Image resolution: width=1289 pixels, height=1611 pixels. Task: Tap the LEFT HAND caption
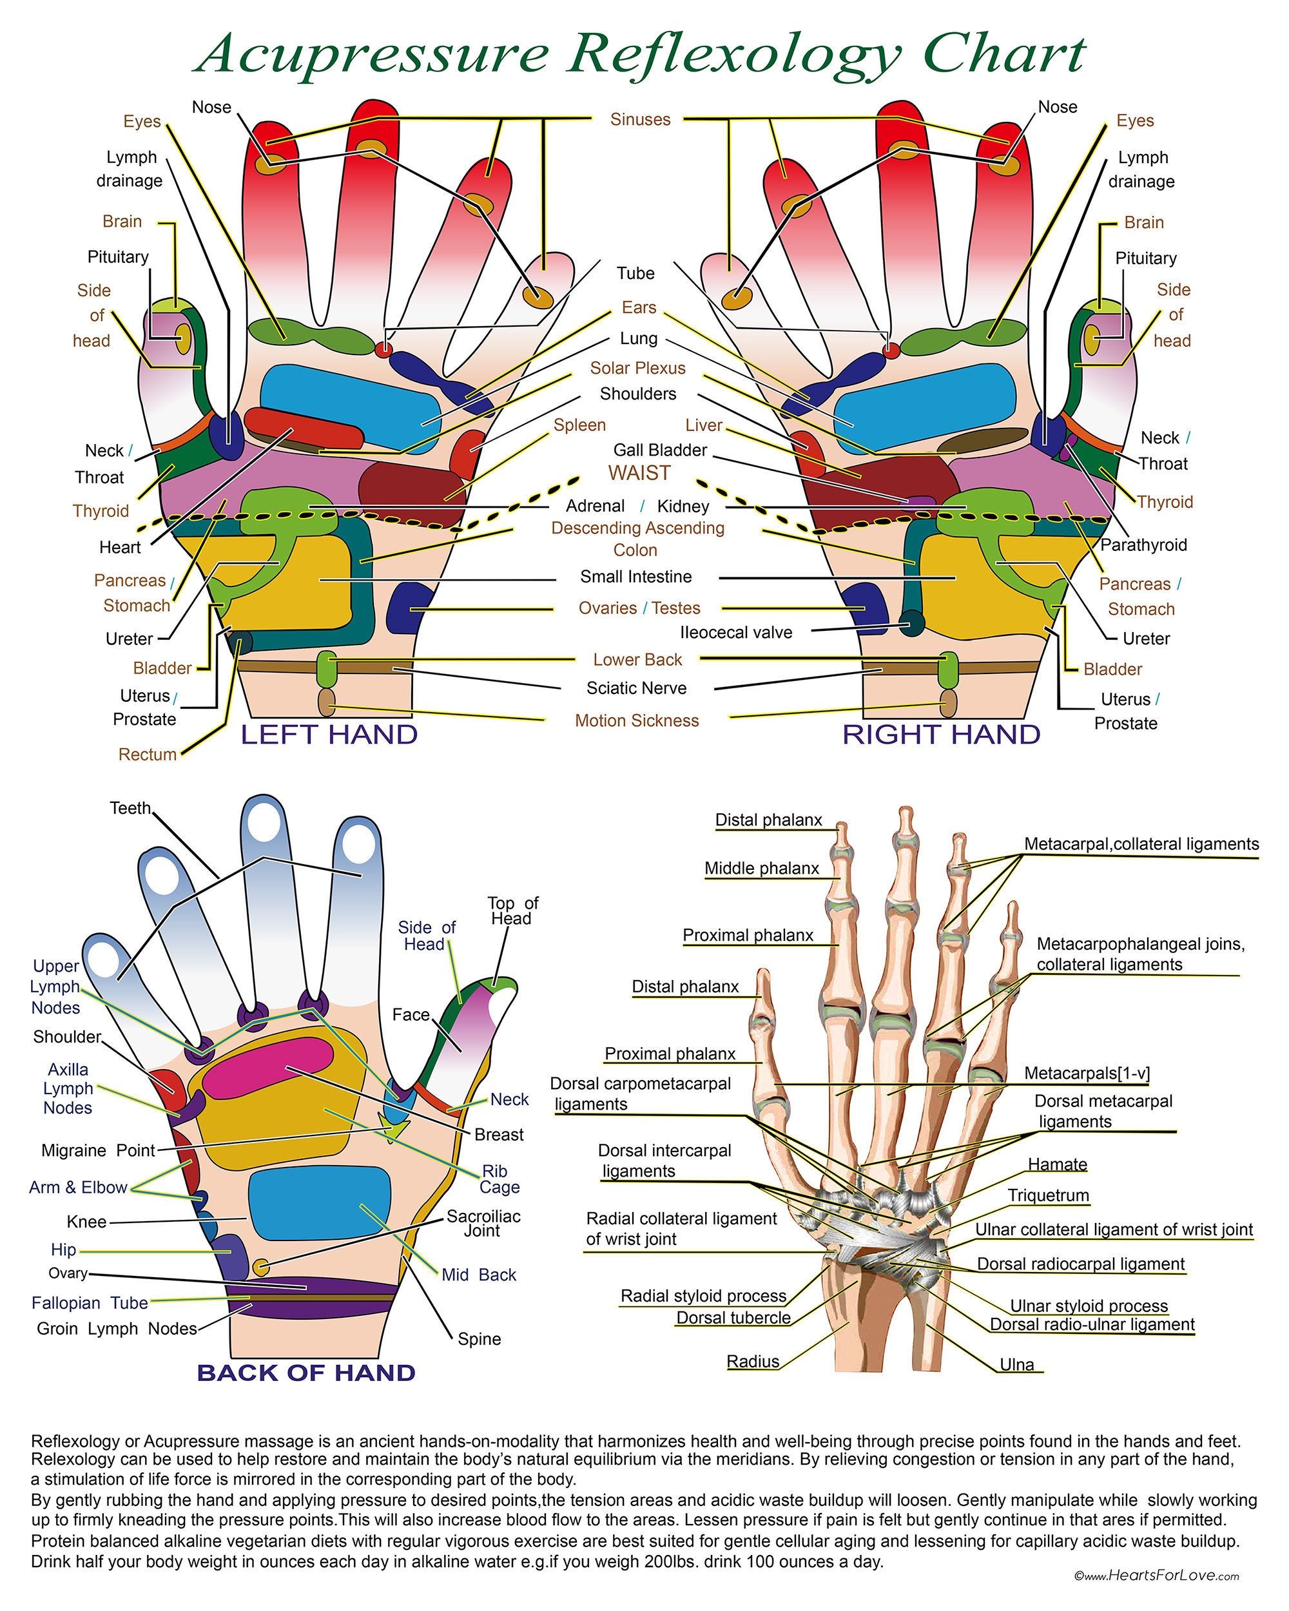click(x=329, y=735)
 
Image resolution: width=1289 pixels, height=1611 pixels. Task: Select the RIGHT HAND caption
click(x=941, y=735)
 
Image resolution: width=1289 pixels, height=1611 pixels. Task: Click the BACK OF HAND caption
click(x=305, y=1373)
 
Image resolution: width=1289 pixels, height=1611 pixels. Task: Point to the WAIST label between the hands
click(x=639, y=473)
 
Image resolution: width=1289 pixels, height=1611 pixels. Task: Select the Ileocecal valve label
click(x=735, y=632)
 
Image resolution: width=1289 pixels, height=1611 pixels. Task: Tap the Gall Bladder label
click(x=660, y=450)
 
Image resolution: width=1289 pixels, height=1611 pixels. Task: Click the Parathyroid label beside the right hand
click(x=1143, y=545)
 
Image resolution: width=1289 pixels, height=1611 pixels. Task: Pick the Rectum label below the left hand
click(x=147, y=755)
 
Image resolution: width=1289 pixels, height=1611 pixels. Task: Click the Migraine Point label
click(x=98, y=1150)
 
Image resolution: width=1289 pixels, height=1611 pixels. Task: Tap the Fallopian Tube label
click(x=90, y=1302)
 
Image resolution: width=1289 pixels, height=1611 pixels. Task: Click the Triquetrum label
click(x=1048, y=1195)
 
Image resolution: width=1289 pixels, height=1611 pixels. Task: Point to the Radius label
click(x=753, y=1362)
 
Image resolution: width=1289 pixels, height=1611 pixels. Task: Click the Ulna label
click(x=1016, y=1364)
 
